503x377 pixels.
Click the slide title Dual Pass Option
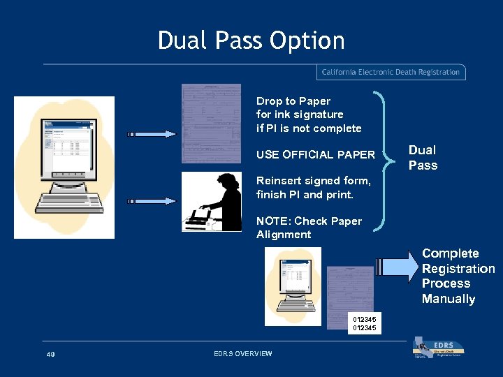point(251,40)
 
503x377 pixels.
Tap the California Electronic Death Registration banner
point(391,72)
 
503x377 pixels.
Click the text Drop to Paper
point(293,101)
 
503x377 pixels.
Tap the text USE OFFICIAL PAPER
point(316,154)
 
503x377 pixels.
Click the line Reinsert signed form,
point(314,181)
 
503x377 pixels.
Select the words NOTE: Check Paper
point(309,221)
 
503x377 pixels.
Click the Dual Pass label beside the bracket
point(423,158)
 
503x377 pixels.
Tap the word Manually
point(448,300)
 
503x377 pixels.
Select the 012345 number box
point(365,323)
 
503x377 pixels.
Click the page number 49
point(50,355)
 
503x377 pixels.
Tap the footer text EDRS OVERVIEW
point(242,354)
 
